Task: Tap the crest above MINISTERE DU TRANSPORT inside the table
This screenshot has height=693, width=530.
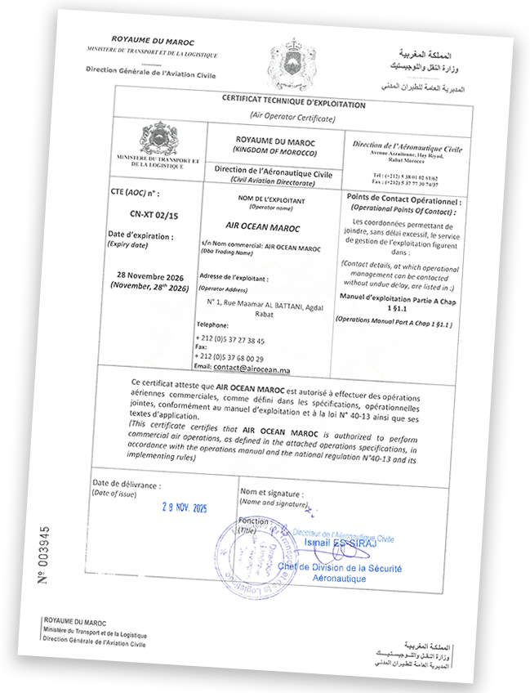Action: (x=158, y=136)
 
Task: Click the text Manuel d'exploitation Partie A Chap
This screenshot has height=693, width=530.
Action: (x=394, y=299)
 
